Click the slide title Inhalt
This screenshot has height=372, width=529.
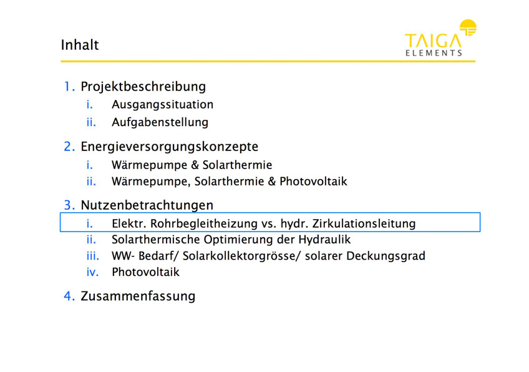coord(80,45)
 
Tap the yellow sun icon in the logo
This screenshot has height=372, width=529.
coord(468,27)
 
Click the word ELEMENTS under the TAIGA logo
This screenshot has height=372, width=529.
coord(434,53)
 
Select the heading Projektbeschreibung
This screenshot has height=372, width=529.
coord(143,87)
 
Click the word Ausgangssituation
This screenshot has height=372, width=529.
coord(163,105)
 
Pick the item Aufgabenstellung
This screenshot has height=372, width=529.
coord(160,122)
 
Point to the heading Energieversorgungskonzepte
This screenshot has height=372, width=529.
coord(169,147)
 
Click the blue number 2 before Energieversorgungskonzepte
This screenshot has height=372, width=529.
coord(69,147)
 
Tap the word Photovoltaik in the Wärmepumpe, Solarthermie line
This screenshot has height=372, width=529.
coord(313,181)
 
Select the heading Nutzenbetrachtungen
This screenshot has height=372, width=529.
coord(147,205)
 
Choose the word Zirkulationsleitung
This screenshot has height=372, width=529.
coord(364,223)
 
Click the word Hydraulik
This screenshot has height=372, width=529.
coord(324,240)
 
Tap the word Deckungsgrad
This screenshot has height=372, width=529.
coord(386,256)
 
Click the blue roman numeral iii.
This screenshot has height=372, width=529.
coord(93,256)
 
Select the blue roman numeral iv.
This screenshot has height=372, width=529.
coord(92,272)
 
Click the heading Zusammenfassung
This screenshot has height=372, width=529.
coord(138,296)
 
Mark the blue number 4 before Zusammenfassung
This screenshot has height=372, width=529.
coord(69,296)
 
